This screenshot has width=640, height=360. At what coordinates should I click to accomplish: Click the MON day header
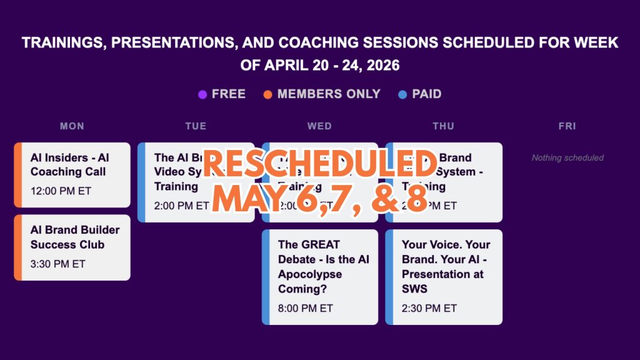pos(72,126)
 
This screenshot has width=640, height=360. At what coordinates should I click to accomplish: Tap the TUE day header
pos(196,126)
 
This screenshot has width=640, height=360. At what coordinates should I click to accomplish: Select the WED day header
pos(319,126)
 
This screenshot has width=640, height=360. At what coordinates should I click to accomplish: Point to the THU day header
pos(443,126)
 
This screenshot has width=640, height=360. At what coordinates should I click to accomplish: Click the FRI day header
pos(567,126)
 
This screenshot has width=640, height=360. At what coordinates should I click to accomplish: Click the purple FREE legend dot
pos(202,95)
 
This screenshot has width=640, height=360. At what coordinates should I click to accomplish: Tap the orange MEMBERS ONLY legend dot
pos(268,95)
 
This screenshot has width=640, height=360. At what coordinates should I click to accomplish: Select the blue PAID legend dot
pos(402,95)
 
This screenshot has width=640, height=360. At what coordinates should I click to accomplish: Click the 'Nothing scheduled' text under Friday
pos(567,157)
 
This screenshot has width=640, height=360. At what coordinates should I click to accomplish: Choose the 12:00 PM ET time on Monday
pos(61,191)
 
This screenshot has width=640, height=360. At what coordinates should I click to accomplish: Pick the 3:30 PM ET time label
pos(57,264)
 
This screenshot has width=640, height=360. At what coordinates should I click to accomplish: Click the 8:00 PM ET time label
pos(306,308)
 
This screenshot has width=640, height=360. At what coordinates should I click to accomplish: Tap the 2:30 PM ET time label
pos(429,308)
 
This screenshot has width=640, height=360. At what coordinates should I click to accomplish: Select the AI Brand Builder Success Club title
pos(74,237)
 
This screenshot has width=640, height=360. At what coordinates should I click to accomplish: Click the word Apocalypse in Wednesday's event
pos(310,274)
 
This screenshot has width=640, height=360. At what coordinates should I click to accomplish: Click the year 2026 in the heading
pos(379,65)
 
